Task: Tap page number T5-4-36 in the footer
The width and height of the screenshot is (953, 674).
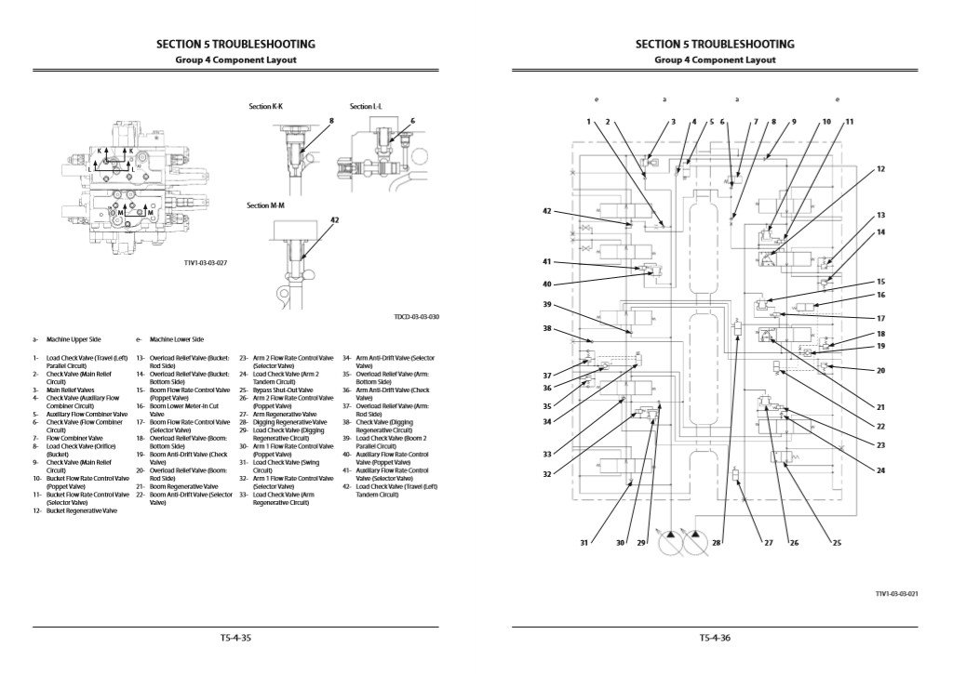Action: tap(715, 638)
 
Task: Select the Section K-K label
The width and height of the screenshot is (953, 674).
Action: tap(265, 107)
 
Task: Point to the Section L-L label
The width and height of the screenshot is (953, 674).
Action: tap(366, 107)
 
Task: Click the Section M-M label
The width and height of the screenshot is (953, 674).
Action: tap(265, 205)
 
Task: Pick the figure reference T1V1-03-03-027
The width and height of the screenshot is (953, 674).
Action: tap(206, 262)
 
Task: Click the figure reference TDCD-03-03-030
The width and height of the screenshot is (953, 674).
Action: tap(416, 317)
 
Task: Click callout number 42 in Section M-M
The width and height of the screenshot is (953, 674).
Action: tap(334, 220)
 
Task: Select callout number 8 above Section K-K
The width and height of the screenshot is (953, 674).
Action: tap(330, 121)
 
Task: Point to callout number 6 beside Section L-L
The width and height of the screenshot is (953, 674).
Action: tap(412, 121)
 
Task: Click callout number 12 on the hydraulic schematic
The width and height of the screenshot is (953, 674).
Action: tap(880, 169)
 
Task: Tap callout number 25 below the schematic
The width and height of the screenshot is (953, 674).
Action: tap(836, 542)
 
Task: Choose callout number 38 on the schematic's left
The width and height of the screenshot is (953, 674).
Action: tap(547, 328)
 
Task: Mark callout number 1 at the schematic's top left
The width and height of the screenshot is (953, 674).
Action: tap(589, 122)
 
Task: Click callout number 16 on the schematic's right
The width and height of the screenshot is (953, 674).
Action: tap(880, 295)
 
